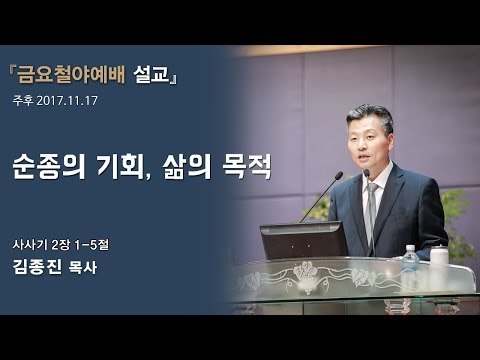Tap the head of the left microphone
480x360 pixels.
click(x=341, y=175)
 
